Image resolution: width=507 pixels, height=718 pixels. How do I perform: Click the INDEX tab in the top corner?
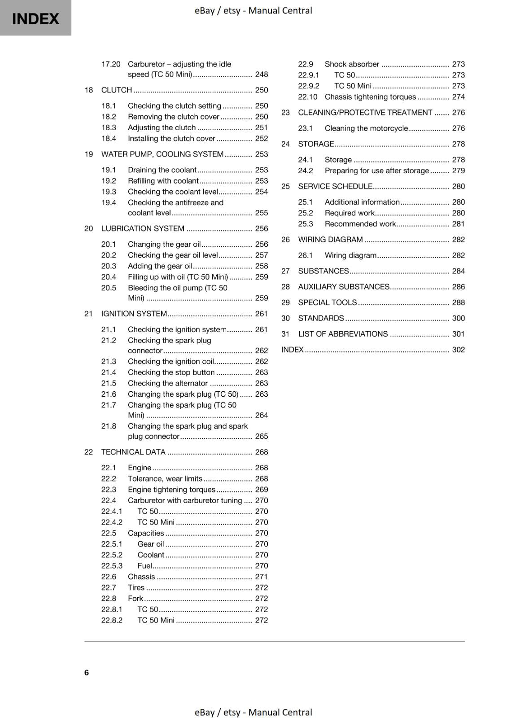pos(35,18)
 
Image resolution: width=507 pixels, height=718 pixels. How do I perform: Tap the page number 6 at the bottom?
pos(87,672)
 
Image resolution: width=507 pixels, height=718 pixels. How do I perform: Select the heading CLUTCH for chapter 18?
pos(117,90)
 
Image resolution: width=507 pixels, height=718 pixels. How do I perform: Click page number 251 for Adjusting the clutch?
pos(261,128)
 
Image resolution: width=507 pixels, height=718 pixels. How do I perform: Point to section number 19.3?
pos(109,192)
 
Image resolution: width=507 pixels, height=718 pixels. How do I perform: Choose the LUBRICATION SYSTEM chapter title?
pos(143,229)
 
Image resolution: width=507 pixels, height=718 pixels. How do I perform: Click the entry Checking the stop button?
pos(171,372)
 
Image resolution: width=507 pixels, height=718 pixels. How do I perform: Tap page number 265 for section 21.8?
pos(261,436)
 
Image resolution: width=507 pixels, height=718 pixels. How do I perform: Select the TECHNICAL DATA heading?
pos(133,452)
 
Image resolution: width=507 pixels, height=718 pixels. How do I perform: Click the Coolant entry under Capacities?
pos(151,555)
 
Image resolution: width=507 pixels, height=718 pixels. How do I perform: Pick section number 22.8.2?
pos(112,621)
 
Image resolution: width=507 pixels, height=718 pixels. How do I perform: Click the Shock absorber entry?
pos(352,64)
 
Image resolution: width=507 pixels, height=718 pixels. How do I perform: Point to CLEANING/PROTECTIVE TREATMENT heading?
pos(365,113)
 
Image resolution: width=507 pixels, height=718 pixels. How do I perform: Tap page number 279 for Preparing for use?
pos(458,171)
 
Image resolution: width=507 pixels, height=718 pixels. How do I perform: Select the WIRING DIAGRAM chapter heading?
pos(330,240)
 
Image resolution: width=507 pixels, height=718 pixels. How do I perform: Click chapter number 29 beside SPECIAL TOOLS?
pos(285,303)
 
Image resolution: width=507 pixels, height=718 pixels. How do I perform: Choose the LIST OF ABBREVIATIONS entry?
pos(343,334)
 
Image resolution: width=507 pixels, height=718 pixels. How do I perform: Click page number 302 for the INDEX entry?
pos(458,350)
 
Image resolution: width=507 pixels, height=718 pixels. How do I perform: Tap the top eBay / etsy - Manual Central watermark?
pos(253,10)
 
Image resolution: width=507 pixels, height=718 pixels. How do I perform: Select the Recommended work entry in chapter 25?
pos(360,224)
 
